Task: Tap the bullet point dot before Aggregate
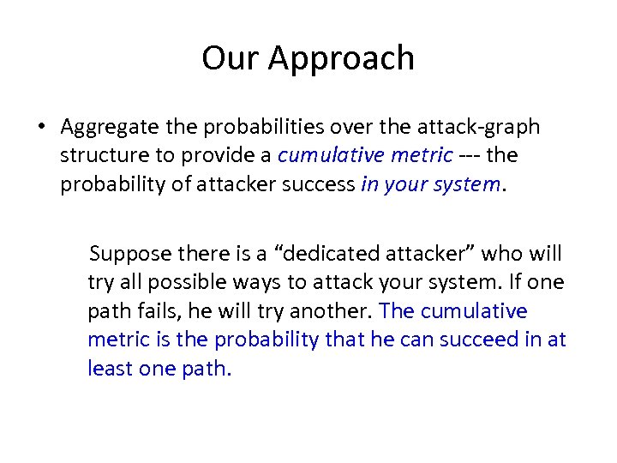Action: (41, 128)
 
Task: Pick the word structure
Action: (100, 156)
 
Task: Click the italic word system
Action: (468, 185)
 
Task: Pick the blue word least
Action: (109, 368)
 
